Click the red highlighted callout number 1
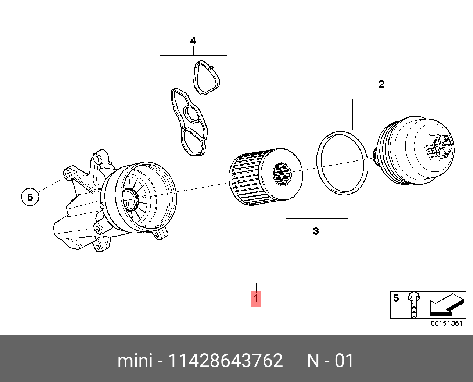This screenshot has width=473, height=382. tap(256, 298)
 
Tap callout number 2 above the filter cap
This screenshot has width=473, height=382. tap(381, 84)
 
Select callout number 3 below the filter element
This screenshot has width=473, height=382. tap(316, 231)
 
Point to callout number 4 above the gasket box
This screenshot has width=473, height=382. tap(193, 41)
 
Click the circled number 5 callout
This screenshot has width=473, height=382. tap(30, 197)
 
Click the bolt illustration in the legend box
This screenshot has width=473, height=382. tap(413, 305)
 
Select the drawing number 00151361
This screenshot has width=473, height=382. tap(447, 323)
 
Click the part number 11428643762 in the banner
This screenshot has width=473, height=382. tap(225, 361)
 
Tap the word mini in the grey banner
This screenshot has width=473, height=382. tap(135, 361)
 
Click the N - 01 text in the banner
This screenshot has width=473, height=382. tap(330, 361)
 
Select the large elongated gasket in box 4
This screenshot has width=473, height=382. tap(188, 121)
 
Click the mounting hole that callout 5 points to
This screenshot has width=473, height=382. tap(68, 173)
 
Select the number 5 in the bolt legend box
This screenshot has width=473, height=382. tap(396, 298)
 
